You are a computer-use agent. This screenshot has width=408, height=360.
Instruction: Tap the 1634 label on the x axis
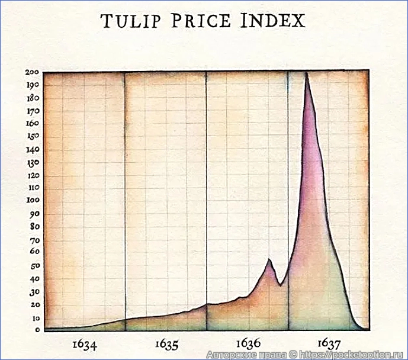click(85, 343)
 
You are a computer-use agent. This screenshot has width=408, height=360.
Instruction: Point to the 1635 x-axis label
click(166, 343)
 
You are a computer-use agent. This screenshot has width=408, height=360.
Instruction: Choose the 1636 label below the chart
click(248, 343)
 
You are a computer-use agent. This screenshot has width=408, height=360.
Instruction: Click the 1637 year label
click(329, 343)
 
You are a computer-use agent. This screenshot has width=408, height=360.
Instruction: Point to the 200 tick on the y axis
click(32, 72)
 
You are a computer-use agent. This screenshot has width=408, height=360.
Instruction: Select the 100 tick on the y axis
click(32, 201)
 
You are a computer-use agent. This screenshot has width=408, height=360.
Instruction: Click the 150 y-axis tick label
click(32, 137)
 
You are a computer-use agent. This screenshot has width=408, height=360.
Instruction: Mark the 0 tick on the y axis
click(37, 330)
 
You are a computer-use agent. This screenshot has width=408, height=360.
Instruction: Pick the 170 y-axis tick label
click(32, 111)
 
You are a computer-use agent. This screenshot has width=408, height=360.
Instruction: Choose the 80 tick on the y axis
click(34, 227)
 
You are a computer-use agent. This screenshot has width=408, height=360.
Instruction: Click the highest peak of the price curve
click(306, 73)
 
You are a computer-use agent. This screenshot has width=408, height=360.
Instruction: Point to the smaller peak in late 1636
click(269, 259)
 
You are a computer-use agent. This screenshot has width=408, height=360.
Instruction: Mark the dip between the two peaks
click(281, 285)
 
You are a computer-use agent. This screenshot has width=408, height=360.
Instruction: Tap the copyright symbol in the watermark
click(291, 355)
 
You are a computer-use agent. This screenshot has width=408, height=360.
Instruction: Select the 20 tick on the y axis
click(34, 304)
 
